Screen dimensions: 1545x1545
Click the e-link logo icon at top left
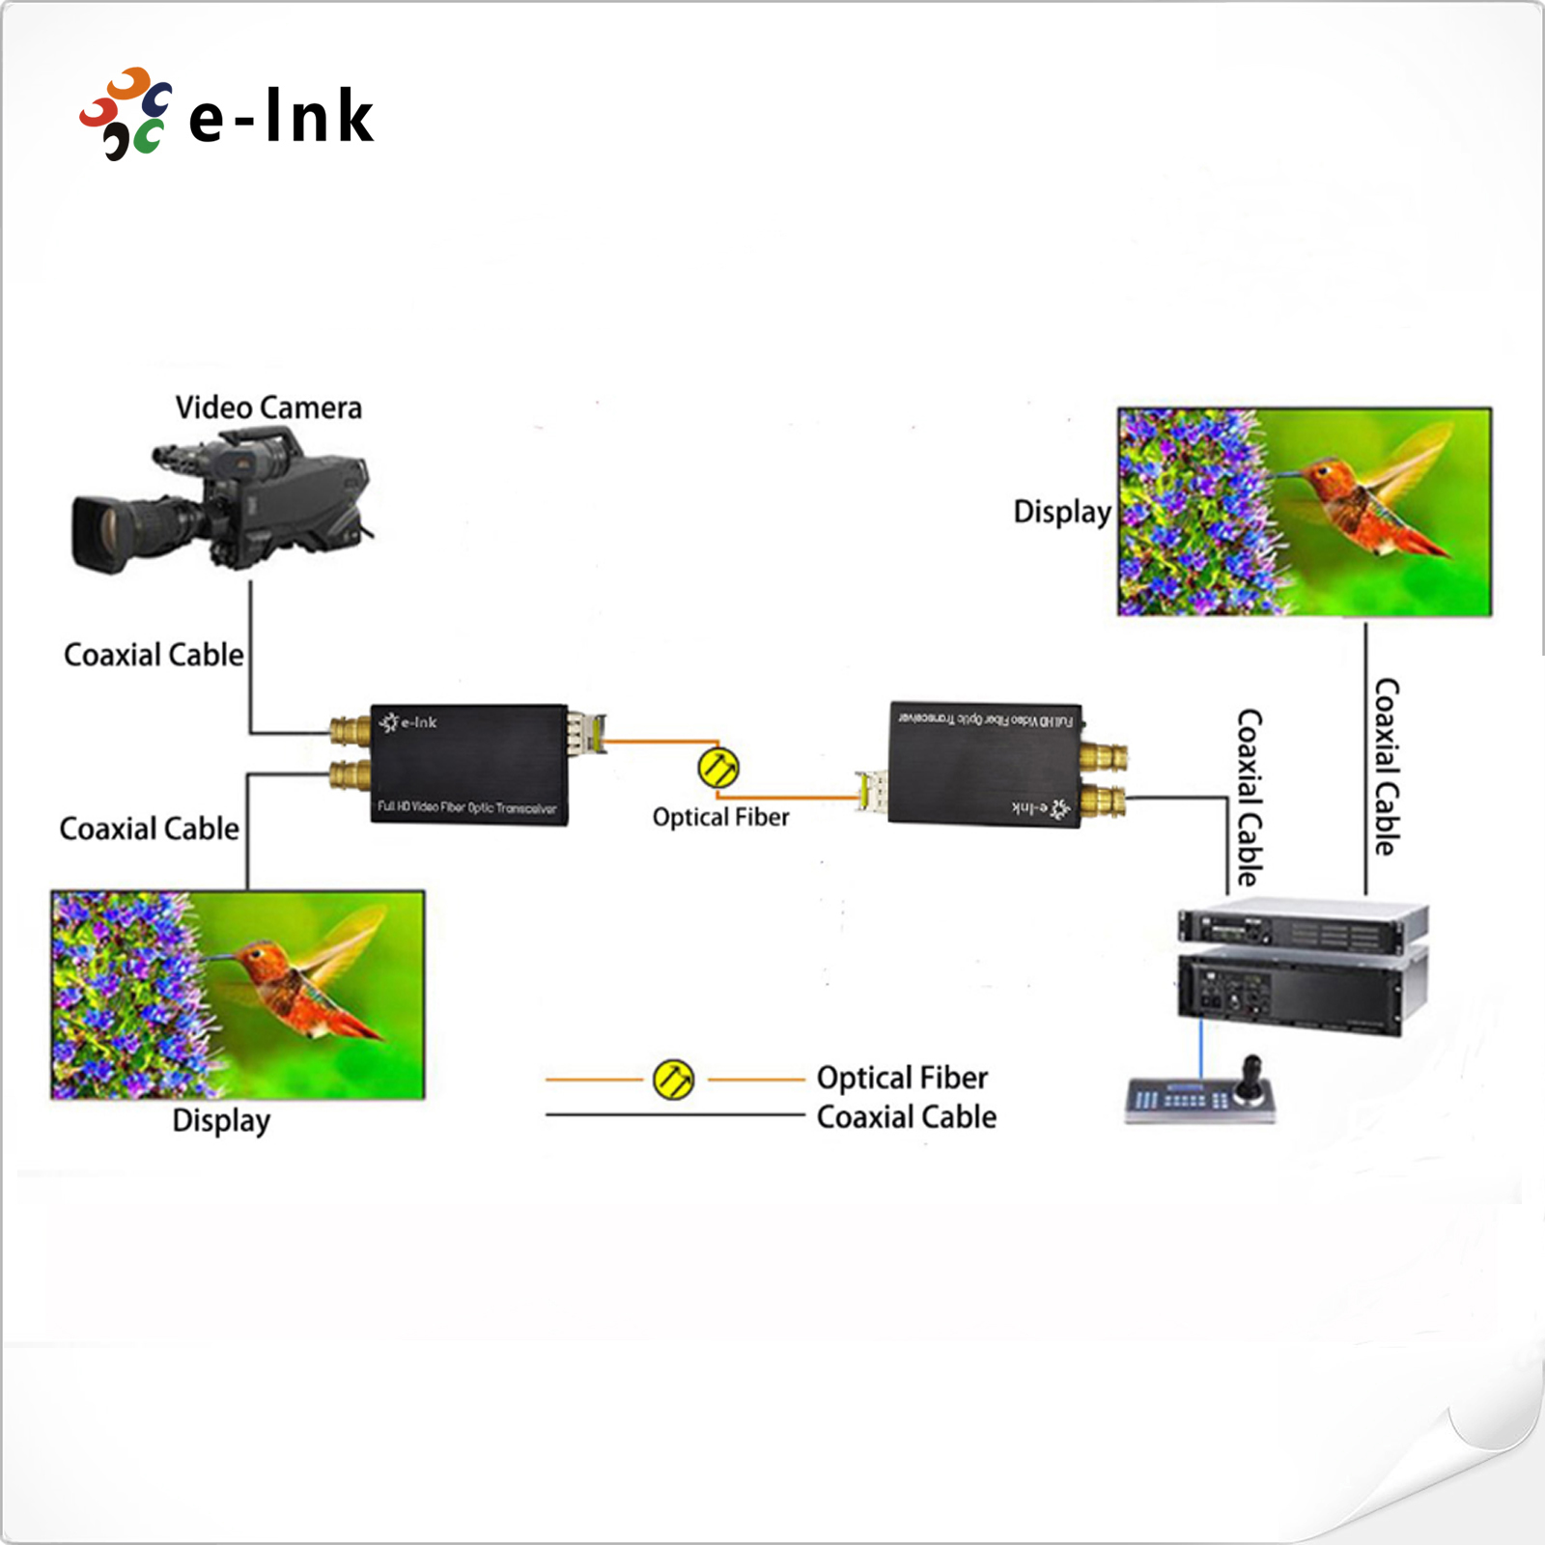(x=126, y=113)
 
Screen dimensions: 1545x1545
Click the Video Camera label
(x=268, y=407)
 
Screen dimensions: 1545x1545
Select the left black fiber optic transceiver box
(x=469, y=764)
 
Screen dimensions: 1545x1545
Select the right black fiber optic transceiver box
(x=984, y=764)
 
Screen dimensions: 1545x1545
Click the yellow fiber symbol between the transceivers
(x=718, y=768)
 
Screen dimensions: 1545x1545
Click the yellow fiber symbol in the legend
(x=673, y=1079)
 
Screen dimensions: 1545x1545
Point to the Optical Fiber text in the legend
(x=902, y=1078)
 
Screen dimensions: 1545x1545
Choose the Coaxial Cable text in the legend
(x=906, y=1117)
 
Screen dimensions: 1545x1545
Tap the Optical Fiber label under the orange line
(x=720, y=818)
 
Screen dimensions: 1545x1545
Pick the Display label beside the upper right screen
(x=1061, y=512)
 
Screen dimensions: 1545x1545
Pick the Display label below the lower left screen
(x=221, y=1121)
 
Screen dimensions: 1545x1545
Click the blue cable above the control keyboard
(x=1201, y=1048)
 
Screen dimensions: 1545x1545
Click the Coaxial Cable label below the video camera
(x=154, y=655)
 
